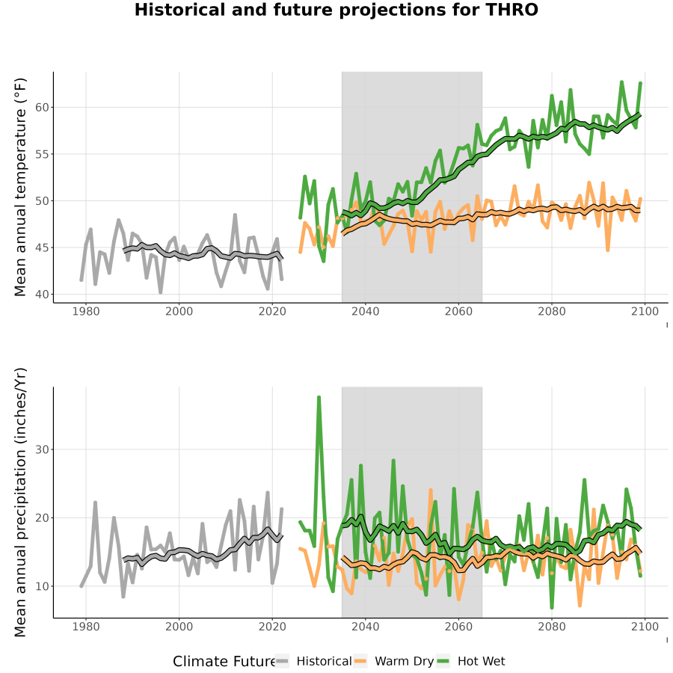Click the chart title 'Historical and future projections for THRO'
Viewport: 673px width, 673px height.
(336, 10)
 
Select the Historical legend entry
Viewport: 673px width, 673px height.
(313, 661)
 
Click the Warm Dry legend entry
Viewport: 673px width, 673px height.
(393, 661)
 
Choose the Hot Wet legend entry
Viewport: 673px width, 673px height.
(471, 661)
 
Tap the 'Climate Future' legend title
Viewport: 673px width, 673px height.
(224, 662)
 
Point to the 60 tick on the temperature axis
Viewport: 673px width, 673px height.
(42, 107)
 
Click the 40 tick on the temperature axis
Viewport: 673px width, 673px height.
(42, 295)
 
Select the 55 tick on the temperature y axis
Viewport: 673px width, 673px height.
(42, 154)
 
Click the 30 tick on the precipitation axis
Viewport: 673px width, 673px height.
(42, 449)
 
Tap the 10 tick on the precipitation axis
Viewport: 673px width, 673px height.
(42, 586)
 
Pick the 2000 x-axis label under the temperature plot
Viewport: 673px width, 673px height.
(179, 311)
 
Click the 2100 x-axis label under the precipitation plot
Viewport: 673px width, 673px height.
(645, 627)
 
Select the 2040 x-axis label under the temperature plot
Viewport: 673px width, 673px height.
(365, 311)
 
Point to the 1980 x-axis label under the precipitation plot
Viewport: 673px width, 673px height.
(86, 627)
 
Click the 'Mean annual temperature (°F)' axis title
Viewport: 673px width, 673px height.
(20, 187)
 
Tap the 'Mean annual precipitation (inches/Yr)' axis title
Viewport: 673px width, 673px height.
(20, 503)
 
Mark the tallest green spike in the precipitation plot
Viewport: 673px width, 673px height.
(319, 398)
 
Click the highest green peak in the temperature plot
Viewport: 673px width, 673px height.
(621, 82)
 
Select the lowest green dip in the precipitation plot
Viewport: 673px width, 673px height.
(552, 607)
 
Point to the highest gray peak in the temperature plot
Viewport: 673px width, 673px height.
(236, 215)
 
